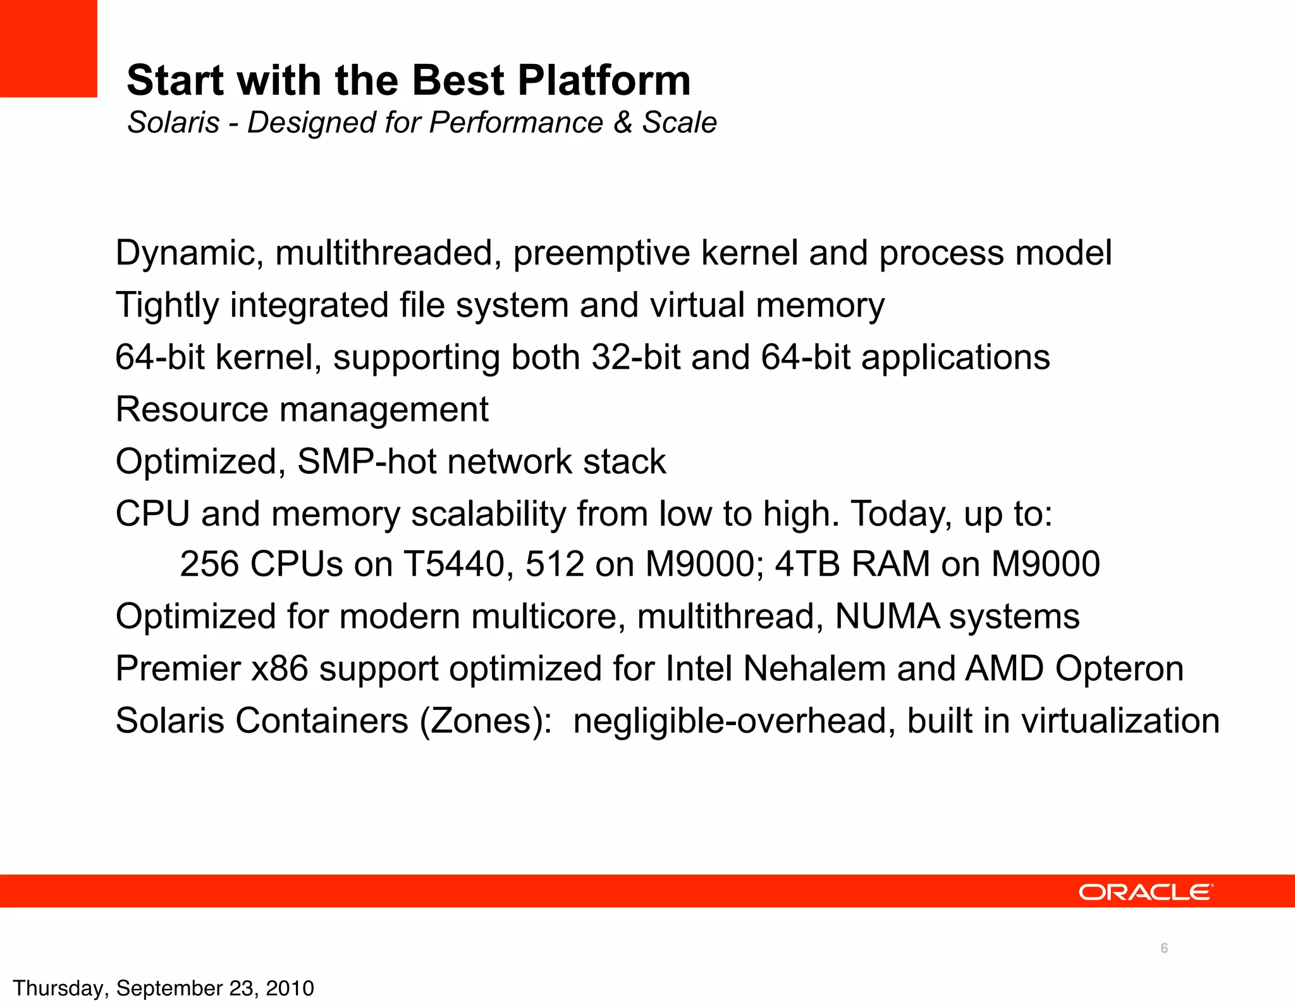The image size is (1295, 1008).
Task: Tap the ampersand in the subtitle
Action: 623,122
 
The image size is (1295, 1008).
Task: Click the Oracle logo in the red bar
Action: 1145,892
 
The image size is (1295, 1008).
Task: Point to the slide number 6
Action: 1163,948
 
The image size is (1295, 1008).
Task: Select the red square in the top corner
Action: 48,48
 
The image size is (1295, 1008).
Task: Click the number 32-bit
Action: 635,358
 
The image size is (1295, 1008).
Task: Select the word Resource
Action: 192,409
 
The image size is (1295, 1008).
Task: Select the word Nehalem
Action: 814,668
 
